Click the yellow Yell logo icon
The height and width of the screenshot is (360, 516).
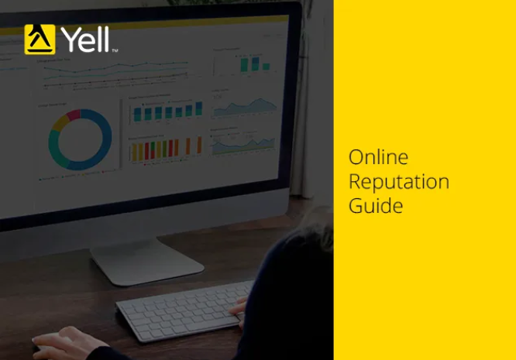pos(40,39)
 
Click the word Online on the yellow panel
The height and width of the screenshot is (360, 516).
pos(378,157)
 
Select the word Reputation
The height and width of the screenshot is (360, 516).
pos(398,182)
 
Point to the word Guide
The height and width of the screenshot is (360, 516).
pos(375,206)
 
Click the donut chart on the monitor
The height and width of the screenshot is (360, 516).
pos(80,139)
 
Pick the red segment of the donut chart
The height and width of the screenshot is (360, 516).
pos(74,115)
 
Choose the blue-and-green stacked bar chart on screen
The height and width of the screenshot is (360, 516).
pos(167,112)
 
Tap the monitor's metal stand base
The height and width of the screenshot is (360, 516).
pos(147,263)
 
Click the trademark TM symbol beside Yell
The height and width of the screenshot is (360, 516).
pos(115,51)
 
